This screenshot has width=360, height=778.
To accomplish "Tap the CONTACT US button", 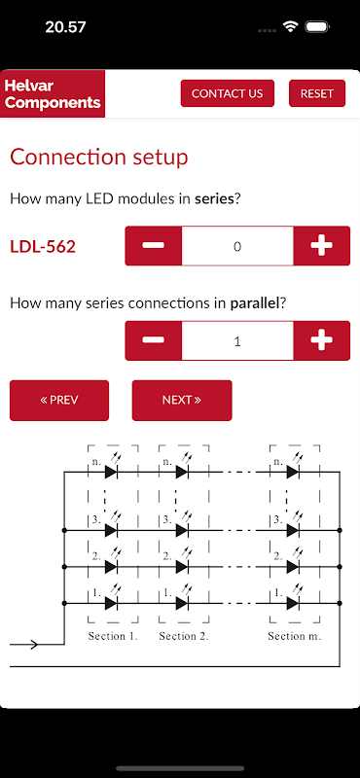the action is [x=228, y=93].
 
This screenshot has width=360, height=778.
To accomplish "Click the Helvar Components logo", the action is [x=53, y=93].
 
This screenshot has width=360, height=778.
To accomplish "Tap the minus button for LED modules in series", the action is [x=154, y=246].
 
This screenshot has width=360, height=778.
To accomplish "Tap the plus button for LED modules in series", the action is [x=322, y=246].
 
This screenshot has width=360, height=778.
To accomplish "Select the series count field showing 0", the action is [x=237, y=246].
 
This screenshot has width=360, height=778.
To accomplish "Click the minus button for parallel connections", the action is [x=154, y=341].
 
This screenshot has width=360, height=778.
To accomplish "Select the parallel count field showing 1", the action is [x=237, y=341].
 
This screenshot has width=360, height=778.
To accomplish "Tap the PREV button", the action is [x=59, y=401].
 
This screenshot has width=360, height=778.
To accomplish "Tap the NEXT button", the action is [x=182, y=401].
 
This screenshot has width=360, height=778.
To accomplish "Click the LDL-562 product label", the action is [x=43, y=247].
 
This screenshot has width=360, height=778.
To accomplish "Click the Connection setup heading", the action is [x=99, y=158].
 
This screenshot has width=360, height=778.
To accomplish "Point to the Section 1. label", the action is [x=113, y=636].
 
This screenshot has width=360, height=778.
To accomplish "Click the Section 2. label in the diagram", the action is [x=184, y=636].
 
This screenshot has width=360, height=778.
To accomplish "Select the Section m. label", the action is [x=295, y=636].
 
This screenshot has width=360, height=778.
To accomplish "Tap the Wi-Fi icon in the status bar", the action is [x=290, y=27].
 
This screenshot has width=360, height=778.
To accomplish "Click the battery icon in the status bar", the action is [x=318, y=27].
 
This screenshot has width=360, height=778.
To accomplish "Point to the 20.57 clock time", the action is [x=65, y=27].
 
